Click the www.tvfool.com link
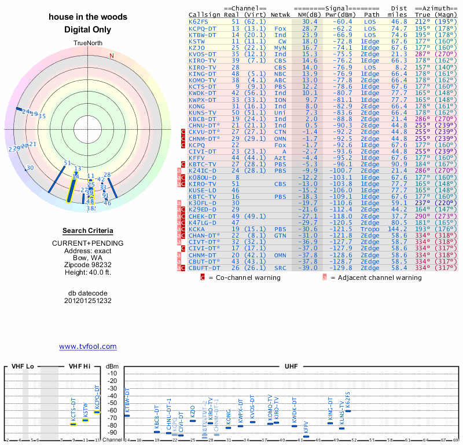click(x=87, y=346)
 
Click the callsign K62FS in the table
click(x=200, y=21)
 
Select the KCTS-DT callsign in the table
click(x=203, y=87)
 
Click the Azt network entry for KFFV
click(x=280, y=158)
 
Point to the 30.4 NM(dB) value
click(x=310, y=21)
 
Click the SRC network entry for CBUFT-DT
click(x=280, y=268)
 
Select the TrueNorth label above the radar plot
click(x=87, y=43)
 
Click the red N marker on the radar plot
click(x=112, y=56)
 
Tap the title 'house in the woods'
click(x=87, y=17)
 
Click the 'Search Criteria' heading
click(x=87, y=231)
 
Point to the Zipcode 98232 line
click(x=87, y=263)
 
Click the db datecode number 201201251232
click(x=87, y=301)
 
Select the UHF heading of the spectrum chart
click(x=291, y=367)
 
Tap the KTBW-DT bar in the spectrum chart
click(x=127, y=415)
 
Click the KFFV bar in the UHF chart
click(x=306, y=436)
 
